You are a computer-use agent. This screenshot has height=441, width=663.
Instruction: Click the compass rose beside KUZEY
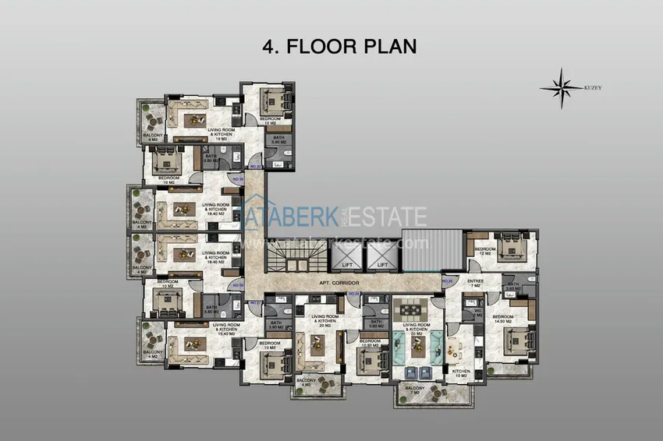click(561, 86)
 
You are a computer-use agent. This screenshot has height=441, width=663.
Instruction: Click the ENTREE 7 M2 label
click(475, 283)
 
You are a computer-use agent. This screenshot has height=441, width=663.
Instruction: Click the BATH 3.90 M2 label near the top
click(278, 140)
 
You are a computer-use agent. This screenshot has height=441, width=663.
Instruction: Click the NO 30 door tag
click(254, 166)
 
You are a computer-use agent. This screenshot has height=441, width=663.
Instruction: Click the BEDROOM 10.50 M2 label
click(370, 343)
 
